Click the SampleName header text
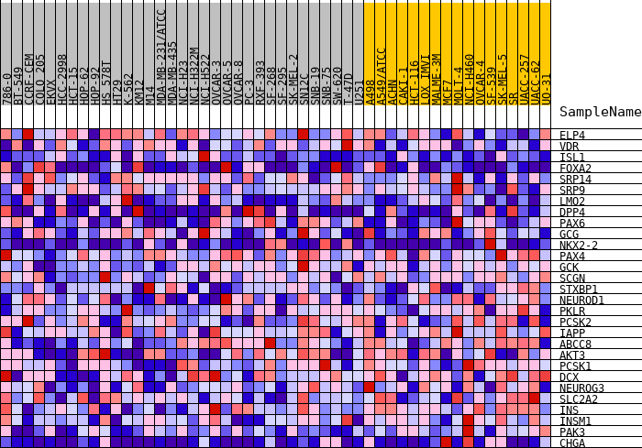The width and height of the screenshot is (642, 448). point(600,112)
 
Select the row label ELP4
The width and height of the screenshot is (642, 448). point(572,136)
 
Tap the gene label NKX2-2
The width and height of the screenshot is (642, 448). point(579,246)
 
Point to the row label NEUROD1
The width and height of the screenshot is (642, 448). point(581,300)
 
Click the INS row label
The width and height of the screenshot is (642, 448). point(569,410)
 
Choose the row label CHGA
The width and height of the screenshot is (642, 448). point(572,443)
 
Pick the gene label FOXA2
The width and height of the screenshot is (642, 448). point(575,169)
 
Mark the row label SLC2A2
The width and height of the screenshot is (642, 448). point(579,399)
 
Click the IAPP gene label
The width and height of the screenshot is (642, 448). point(572,333)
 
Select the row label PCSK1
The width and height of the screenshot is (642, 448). point(575,366)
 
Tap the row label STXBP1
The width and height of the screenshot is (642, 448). point(579,290)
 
